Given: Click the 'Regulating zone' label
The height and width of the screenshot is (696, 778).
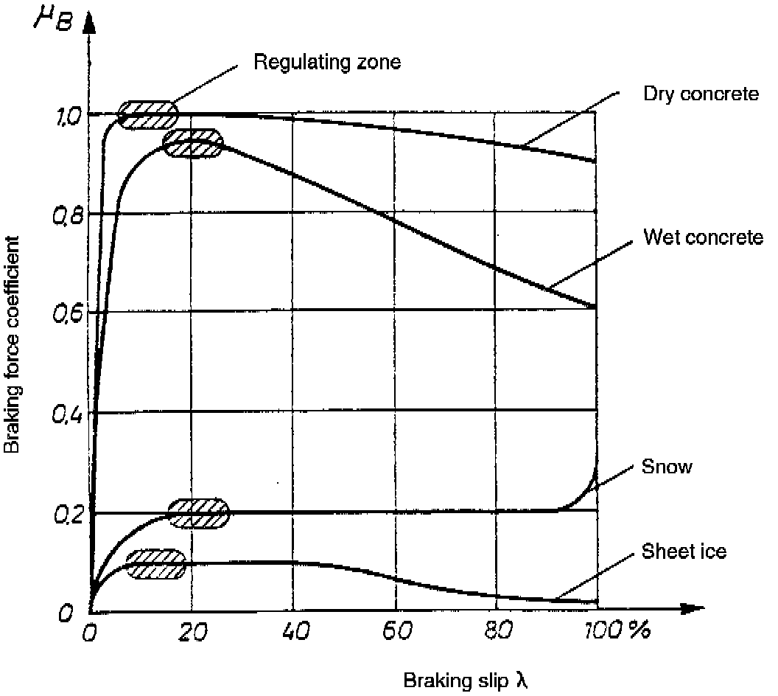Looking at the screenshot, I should coord(327,62).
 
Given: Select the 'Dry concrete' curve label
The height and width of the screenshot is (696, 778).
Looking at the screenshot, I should coord(690,94).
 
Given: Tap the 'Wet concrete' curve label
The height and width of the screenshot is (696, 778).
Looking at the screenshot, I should coord(703,238).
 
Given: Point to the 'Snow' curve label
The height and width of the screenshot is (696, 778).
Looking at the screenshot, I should coord(667,467).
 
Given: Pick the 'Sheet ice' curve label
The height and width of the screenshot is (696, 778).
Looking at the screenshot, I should coord(684,551).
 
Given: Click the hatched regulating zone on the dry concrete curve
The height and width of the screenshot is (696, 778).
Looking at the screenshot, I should coord(148,114).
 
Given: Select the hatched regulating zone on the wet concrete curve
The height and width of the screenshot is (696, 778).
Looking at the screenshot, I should coord(192,143).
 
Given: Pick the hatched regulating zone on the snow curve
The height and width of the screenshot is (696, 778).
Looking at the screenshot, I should coord(199,512).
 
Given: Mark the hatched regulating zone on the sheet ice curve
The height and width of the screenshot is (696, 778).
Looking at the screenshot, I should coord(156,564).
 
